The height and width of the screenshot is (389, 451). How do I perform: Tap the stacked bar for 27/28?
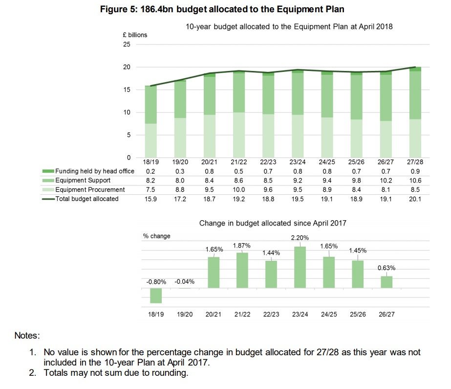[415, 113]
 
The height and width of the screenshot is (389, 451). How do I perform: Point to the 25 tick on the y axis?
[127, 45]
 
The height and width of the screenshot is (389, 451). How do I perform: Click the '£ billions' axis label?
[134, 35]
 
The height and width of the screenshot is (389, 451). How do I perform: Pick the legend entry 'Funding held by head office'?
[93, 172]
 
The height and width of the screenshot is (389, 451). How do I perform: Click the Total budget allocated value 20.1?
[415, 199]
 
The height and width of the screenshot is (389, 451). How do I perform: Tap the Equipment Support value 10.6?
[415, 181]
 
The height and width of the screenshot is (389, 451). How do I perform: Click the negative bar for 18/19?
[156, 296]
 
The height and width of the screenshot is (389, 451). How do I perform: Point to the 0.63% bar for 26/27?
[387, 282]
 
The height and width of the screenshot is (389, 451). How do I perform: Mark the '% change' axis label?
[157, 236]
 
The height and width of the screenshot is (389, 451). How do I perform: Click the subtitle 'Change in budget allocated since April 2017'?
[273, 223]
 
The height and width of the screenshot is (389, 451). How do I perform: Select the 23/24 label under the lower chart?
[300, 314]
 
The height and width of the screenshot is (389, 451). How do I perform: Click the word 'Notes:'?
[27, 336]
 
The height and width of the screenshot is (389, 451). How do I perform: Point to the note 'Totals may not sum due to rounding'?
[116, 373]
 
